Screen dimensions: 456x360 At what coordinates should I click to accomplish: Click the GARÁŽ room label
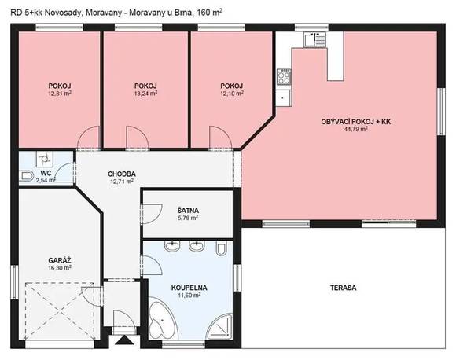pos(60,260)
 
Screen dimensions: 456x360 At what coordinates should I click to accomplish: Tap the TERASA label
pos(343,288)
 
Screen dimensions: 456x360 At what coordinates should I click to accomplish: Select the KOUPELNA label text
pos(189,288)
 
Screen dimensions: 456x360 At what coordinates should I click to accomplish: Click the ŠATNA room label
pos(188,210)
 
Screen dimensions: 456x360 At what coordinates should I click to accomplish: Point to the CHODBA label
pos(122,174)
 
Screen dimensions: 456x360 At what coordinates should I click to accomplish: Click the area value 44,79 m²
pos(355,129)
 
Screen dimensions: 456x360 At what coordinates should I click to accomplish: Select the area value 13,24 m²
pos(145,94)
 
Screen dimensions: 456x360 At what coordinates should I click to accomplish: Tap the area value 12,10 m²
pos(232,94)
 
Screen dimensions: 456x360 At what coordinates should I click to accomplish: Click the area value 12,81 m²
pos(60,94)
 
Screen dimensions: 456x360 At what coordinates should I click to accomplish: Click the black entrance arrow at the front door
pos(124,340)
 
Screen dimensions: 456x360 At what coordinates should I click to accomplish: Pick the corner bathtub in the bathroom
pos(162,318)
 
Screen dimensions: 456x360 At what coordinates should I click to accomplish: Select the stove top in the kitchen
pos(284,76)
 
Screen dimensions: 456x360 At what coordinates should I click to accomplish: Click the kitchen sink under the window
pos(315,39)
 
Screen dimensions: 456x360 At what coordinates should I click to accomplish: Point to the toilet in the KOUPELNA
pos(222,248)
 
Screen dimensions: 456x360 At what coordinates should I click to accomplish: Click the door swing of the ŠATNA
pos(151,214)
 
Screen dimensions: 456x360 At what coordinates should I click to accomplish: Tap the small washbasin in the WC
pos(44,159)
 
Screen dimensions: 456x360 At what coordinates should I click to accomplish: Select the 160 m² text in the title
pos(210,13)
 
